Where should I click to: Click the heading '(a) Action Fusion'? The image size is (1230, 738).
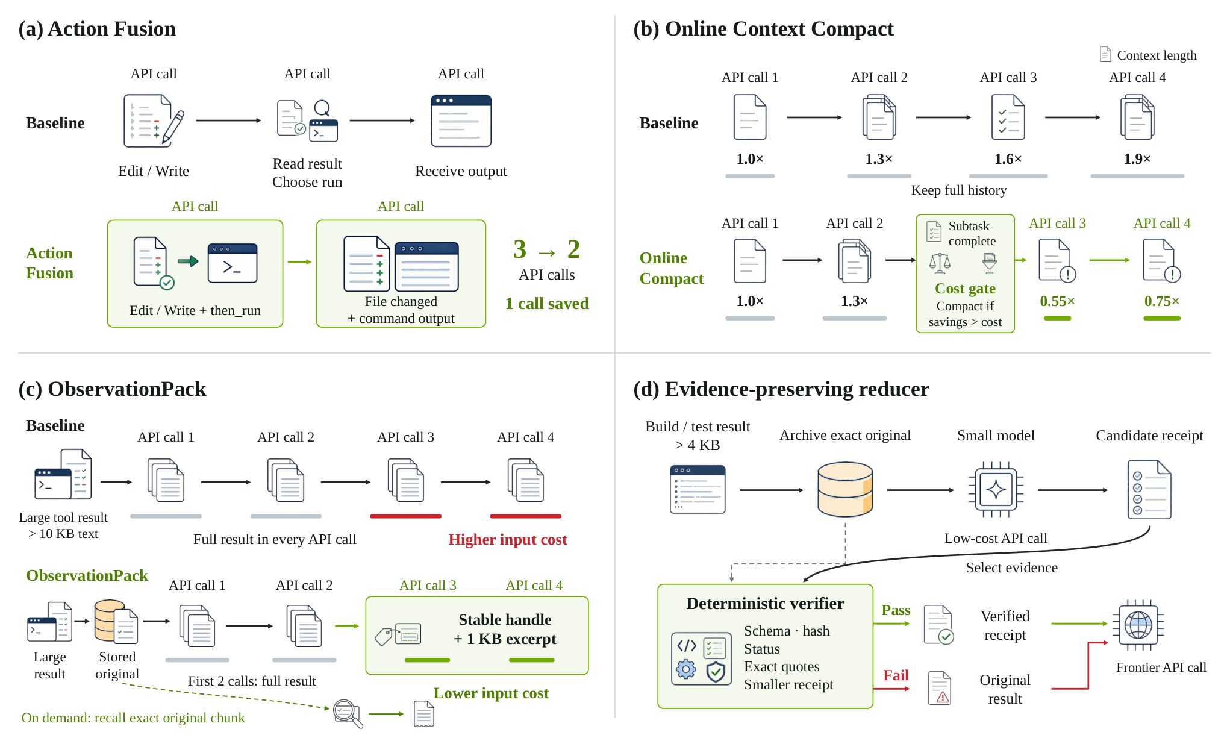97,29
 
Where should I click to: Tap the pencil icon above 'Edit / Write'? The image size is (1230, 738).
173,127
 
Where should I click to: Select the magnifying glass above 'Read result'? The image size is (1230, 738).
323,108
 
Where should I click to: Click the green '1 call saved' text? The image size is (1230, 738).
547,304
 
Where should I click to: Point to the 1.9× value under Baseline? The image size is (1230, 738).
1137,159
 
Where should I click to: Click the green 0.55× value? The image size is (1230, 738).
1057,301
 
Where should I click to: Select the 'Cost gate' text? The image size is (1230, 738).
965,289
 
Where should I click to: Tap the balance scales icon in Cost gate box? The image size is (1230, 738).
940,263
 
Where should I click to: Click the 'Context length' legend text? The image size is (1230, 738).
1157,55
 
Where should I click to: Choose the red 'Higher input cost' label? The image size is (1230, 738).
508,539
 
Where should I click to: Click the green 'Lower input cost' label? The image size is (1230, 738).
491,693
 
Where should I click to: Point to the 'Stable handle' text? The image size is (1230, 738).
505,619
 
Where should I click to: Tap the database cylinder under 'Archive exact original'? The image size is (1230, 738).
845,489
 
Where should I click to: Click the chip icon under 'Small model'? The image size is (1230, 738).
996,489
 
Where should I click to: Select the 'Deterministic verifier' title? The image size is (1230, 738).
765,604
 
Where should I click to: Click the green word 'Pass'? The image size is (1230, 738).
896,610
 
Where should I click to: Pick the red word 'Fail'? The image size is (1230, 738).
896,675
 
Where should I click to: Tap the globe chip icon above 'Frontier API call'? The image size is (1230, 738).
1138,625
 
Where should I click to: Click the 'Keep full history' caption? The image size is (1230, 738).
959,190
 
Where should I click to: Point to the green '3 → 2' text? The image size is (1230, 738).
547,249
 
